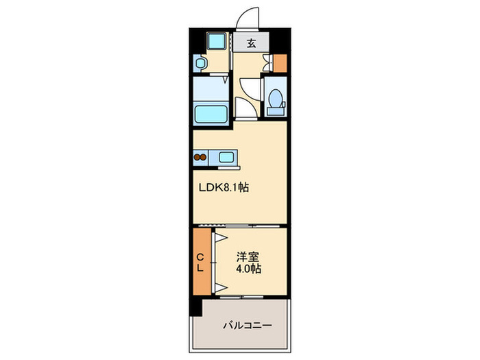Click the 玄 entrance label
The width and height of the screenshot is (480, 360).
pos(252,43)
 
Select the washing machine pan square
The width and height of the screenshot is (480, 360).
pos(217,40)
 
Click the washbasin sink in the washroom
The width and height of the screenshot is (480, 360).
pos(200,63)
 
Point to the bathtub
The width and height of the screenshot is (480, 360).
pos(211,114)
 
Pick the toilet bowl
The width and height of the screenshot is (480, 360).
pos(276,98)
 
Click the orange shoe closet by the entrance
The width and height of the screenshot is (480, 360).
pos(280,63)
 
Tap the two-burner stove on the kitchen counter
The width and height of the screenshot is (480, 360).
pos(200,157)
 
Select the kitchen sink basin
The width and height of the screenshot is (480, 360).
pos(226,157)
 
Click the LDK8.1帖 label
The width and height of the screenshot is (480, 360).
pos(224,187)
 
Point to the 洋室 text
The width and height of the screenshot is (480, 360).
pos(248,256)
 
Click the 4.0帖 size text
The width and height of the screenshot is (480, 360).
pos(248,269)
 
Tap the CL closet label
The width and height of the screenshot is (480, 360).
pos(200,263)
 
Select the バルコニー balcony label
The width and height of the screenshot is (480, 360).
pos(248,325)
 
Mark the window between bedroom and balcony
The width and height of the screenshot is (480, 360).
pos(242,297)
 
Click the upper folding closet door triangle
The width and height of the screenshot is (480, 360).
pos(220,238)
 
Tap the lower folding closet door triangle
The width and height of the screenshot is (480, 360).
pos(220,288)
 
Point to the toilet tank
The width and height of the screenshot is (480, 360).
pos(276,111)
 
